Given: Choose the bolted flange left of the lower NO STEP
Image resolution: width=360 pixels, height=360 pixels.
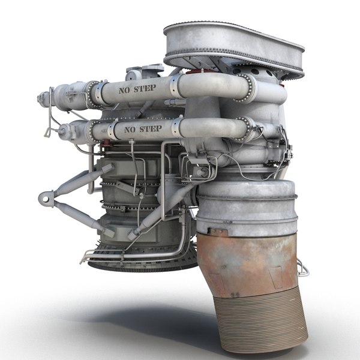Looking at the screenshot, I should (95, 128).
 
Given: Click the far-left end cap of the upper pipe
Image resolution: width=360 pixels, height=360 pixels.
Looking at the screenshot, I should (42, 96).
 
